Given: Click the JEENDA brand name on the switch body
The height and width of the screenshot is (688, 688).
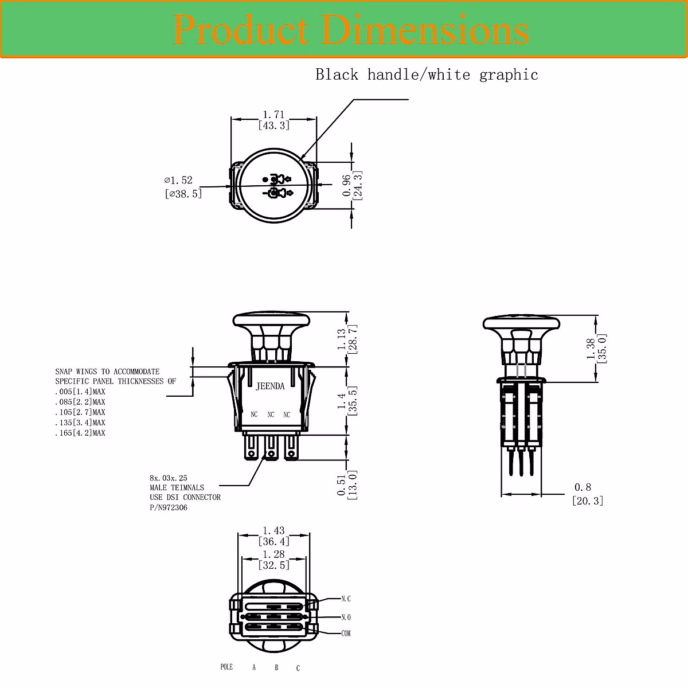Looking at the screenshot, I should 269,386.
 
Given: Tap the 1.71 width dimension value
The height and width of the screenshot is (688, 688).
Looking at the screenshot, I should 273,115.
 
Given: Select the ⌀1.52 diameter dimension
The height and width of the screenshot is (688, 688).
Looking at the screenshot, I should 178,180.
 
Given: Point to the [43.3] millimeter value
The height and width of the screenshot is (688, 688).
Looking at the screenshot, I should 273,126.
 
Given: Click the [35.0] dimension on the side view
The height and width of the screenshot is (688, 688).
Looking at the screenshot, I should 601,349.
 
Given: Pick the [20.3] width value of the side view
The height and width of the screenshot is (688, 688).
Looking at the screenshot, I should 588,501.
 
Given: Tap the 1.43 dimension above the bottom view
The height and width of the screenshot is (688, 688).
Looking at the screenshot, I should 273,531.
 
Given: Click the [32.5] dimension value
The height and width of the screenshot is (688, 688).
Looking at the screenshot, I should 273,565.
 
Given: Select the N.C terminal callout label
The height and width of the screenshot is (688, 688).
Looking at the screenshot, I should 346,599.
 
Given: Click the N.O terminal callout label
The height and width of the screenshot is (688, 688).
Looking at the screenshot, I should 346,617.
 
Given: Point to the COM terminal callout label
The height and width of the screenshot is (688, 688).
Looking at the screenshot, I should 346,634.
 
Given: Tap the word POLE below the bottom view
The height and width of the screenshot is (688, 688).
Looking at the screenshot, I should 226,667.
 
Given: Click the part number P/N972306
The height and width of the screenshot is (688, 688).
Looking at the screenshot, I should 169,507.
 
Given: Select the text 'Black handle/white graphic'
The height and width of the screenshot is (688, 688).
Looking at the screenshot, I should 427,75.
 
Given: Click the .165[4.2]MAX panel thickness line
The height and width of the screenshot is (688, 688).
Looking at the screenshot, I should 80,433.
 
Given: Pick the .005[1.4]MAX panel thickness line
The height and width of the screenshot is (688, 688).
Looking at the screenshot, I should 80,392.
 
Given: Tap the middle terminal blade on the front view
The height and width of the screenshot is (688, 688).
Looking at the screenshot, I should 271,447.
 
